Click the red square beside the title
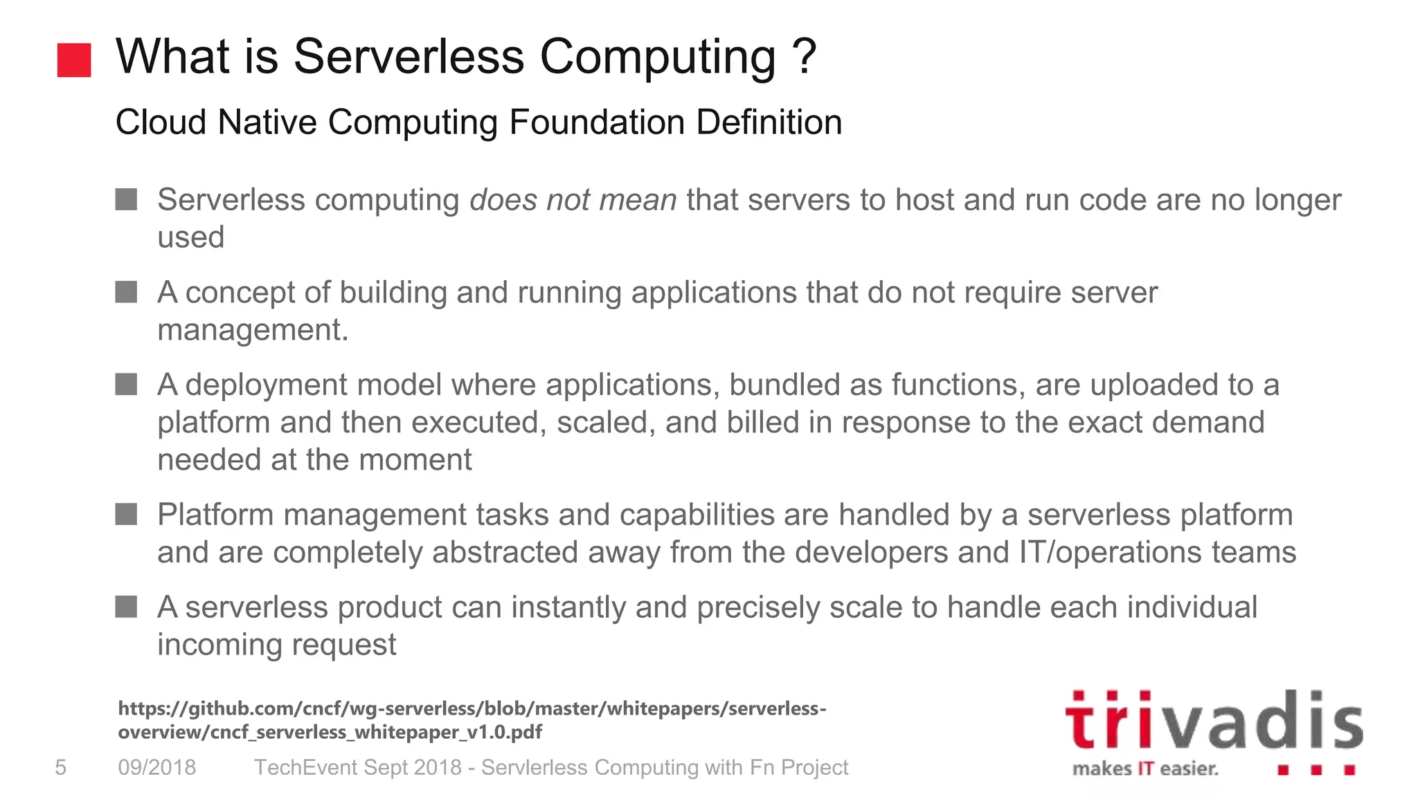[74, 60]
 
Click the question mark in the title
[805, 57]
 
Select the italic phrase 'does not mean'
[573, 200]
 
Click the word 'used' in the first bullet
[190, 237]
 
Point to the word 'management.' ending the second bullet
[253, 330]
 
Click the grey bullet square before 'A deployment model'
[126, 384]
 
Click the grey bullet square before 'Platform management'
[126, 514]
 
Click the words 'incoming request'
[276, 645]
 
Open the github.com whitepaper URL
[471, 720]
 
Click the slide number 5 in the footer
[61, 767]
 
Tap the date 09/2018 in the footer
[157, 767]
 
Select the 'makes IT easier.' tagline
[1145, 769]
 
